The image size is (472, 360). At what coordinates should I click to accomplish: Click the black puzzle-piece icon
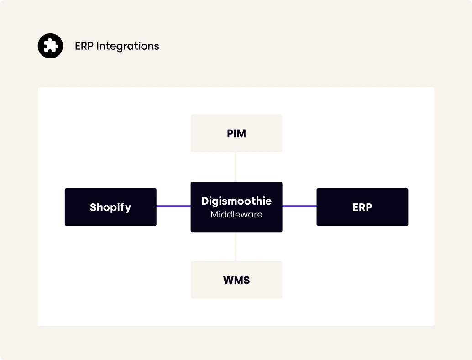[x=50, y=46]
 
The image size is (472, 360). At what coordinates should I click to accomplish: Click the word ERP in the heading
[x=84, y=46]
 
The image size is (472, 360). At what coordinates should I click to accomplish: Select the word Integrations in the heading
[x=128, y=47]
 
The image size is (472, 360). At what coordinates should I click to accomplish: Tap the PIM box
[x=236, y=133]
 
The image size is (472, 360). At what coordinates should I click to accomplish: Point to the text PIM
[x=236, y=133]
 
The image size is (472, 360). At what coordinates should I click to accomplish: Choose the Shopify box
[x=110, y=207]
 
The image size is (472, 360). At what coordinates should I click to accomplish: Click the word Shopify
[x=110, y=207]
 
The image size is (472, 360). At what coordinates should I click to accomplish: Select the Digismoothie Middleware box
[x=236, y=207]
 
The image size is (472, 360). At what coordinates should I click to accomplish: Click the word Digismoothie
[x=236, y=201]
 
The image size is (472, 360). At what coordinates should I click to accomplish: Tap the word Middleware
[x=236, y=215]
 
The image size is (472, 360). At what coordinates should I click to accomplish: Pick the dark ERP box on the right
[x=362, y=207]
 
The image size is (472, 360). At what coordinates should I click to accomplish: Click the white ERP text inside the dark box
[x=362, y=207]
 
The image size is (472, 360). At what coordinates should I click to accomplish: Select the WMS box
[x=236, y=280]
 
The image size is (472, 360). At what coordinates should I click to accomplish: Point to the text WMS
[x=236, y=280]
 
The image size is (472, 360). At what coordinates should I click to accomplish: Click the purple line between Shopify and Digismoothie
[x=173, y=206]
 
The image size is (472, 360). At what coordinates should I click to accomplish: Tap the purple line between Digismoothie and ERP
[x=299, y=206]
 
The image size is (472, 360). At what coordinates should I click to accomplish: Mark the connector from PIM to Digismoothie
[x=236, y=167]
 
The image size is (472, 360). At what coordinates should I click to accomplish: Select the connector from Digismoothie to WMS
[x=236, y=246]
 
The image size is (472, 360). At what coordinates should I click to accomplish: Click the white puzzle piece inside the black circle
[x=51, y=46]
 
